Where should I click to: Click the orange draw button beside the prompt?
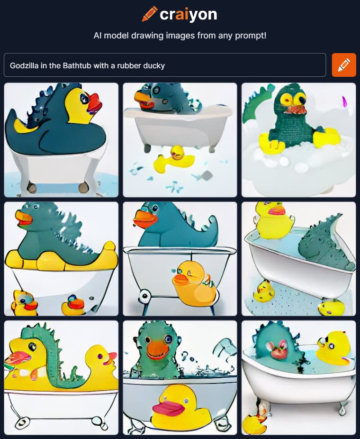344,65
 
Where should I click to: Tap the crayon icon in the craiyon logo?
150,14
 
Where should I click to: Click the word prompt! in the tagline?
251,36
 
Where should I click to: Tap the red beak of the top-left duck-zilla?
95,103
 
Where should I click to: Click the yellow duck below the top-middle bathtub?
173,159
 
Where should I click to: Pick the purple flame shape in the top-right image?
344,101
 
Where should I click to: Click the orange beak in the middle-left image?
23,219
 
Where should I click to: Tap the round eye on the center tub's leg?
144,296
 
